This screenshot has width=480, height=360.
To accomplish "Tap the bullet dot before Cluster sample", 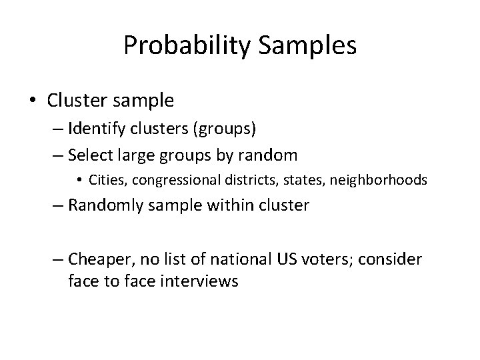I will (33, 101).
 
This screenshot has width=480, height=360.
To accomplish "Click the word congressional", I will (173, 181).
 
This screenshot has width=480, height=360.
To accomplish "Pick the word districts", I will (241, 181).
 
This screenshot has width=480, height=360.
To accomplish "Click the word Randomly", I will (108, 205).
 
